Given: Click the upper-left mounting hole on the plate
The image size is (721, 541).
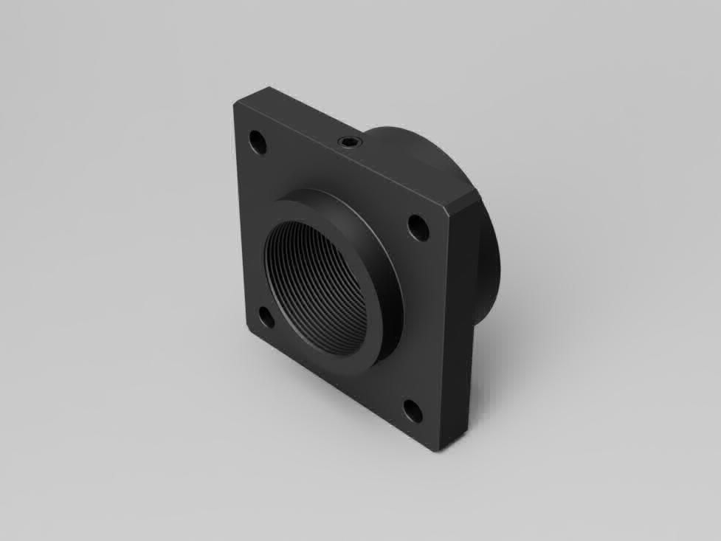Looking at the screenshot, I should pos(257,142).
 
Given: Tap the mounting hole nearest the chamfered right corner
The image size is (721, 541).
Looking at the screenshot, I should pos(418,228).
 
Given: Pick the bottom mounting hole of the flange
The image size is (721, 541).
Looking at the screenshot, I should pos(413,410).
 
